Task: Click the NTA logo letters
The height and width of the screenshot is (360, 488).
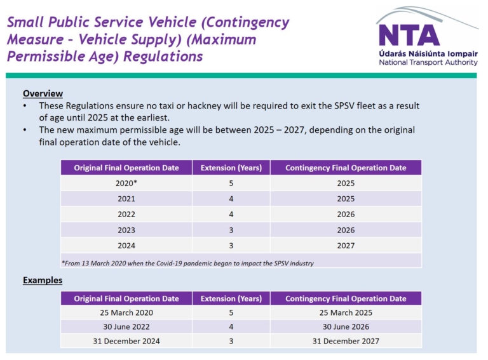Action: pos(409,35)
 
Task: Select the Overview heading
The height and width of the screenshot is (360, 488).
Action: pos(43,93)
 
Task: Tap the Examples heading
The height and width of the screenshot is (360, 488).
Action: pos(43,280)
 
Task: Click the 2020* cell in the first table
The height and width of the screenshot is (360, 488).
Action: pos(126,183)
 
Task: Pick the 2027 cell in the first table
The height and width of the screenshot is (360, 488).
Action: pos(346,246)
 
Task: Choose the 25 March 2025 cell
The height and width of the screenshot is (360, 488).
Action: pos(346,313)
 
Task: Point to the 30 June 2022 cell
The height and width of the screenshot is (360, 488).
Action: pos(126,327)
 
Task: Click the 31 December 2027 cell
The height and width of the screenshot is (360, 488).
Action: pos(346,341)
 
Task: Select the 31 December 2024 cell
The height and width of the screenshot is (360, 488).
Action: pos(126,341)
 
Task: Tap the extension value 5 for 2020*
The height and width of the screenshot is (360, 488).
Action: pos(231,183)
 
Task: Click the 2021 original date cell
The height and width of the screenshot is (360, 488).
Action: pos(126,199)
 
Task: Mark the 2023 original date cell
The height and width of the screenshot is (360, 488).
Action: pos(126,230)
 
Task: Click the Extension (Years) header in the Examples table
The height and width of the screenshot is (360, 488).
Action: pos(231,298)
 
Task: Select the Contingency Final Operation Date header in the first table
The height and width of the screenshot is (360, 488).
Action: pos(346,168)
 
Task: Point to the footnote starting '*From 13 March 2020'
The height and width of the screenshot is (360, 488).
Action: pos(187,263)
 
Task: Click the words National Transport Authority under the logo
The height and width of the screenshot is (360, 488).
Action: pos(428,62)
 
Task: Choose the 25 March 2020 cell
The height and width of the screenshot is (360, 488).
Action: pos(126,313)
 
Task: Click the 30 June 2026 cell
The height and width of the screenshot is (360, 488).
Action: pos(346,327)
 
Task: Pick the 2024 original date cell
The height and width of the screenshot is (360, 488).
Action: pos(126,246)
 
